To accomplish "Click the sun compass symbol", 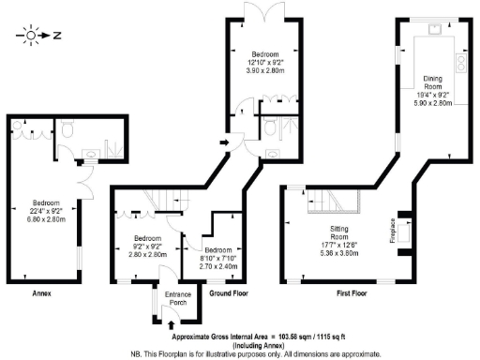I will (x=31, y=37).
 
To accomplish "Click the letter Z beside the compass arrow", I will (x=57, y=37).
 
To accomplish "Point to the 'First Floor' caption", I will (x=352, y=293).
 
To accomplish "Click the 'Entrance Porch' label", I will (x=178, y=300).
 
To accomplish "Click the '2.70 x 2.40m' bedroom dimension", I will (x=218, y=266).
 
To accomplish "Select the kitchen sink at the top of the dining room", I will (x=436, y=29).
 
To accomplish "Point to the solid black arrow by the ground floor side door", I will (x=221, y=142).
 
